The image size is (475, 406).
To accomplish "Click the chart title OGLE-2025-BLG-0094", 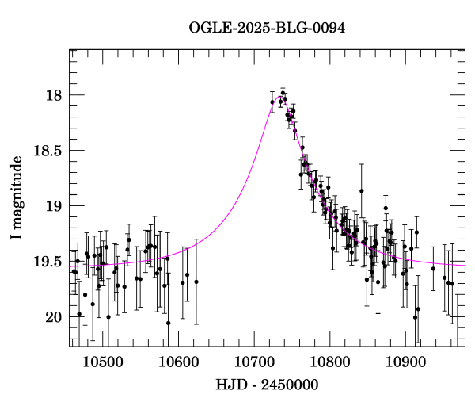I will point(267,29).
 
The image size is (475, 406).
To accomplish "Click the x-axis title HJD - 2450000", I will point(267,385).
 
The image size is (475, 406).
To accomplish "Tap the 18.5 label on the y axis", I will point(47,151).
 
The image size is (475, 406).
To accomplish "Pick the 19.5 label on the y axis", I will point(47,262).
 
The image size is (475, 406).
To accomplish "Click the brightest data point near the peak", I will point(283,93).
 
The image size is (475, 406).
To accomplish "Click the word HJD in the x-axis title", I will point(228,385).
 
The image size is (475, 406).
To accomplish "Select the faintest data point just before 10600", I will point(168,323).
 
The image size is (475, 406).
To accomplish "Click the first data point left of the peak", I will point(272,102).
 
